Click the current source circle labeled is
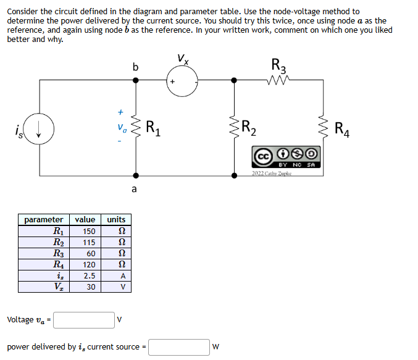click(40, 129)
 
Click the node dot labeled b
click(136, 80)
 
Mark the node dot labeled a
click(136, 176)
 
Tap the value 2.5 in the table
click(88, 275)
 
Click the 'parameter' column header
click(43, 219)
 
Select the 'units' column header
click(116, 219)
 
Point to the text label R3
click(279, 64)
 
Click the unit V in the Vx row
click(122, 287)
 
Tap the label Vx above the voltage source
click(182, 59)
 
